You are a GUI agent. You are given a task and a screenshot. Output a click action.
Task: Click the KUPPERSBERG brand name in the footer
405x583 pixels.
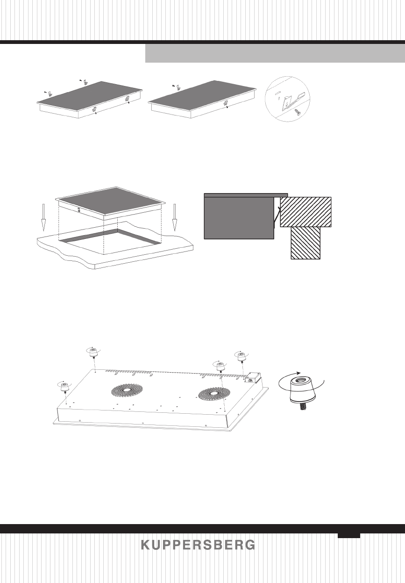pos(198,545)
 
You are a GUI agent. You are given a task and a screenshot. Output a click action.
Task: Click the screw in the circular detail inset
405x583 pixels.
pos(298,111)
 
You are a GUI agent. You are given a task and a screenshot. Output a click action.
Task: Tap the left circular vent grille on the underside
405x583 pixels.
pos(126,390)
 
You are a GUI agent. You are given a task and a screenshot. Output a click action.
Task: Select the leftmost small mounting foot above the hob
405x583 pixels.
pos(64,386)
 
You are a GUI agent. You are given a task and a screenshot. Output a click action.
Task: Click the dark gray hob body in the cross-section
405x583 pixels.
pos(239,217)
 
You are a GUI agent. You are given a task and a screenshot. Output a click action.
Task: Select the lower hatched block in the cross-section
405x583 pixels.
pos(306,243)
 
